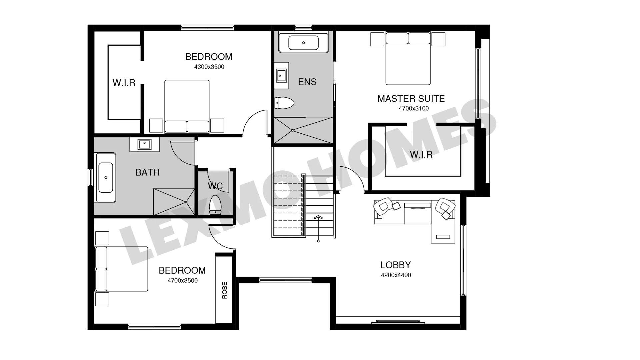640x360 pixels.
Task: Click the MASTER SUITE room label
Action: coord(411,99)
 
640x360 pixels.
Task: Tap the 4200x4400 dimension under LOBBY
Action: coord(396,275)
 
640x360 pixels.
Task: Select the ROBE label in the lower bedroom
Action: coord(225,290)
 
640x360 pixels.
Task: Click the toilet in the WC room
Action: coord(215,205)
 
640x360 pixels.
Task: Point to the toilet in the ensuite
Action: coord(284,103)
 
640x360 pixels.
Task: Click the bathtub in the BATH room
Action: coord(106,178)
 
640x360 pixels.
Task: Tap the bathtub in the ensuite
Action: coord(303,43)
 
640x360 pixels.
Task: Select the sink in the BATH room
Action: coord(144,145)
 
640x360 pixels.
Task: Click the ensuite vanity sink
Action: coord(281,75)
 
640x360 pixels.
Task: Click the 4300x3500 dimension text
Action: coord(209,67)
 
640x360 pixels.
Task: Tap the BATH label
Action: coord(148,172)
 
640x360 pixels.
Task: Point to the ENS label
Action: coord(307,82)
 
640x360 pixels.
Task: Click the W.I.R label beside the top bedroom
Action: coord(124,83)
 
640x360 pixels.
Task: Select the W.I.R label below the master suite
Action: coord(421,154)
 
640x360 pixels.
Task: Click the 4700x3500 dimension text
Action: coord(183,281)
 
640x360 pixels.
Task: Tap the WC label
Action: coord(215,186)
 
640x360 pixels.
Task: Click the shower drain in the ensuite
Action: coord(292,130)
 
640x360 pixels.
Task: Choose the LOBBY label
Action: coord(396,265)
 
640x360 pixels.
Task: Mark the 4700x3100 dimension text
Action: coord(414,108)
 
